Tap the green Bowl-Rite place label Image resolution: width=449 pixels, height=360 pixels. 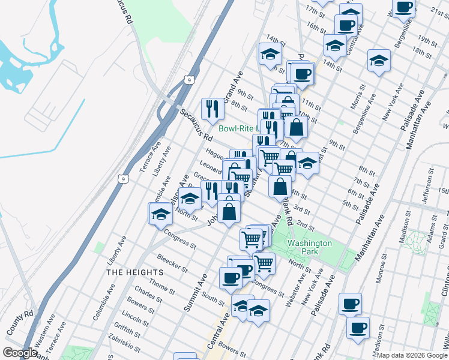click(x=237, y=128)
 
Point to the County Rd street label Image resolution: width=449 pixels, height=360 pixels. click(x=20, y=323)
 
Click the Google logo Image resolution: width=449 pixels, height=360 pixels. click(x=19, y=352)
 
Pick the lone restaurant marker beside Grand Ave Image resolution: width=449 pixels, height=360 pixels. click(x=212, y=109)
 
